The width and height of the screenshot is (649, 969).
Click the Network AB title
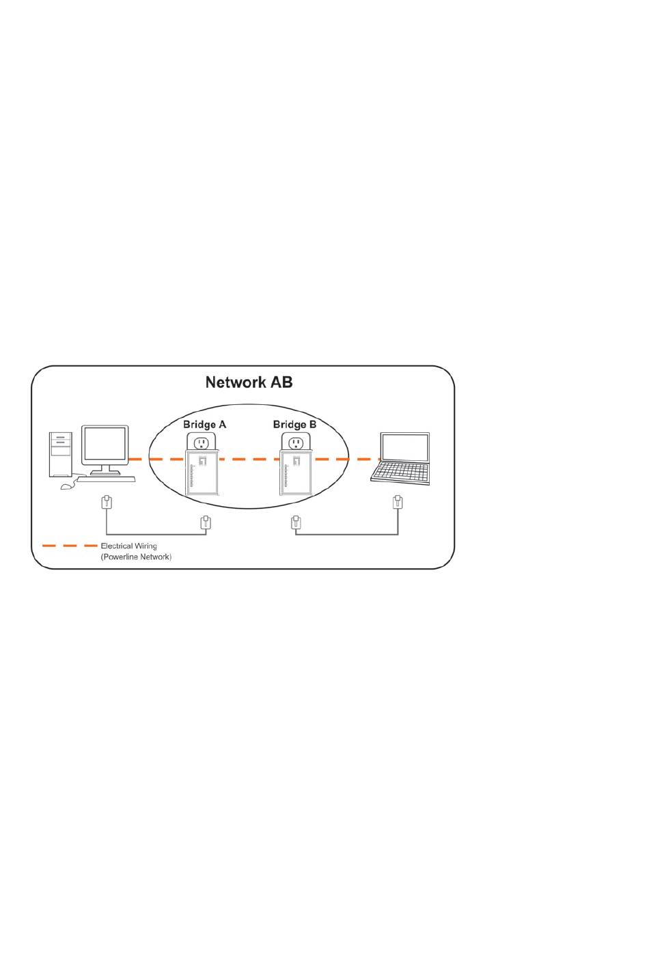coord(249,382)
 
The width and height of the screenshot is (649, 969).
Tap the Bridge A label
coord(204,424)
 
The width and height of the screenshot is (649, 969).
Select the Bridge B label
coord(294,424)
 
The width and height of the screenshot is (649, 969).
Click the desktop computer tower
coord(61,454)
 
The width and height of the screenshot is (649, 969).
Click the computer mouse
coord(66,487)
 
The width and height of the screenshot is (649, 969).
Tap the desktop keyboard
coord(107,479)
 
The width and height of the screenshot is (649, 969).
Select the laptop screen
coord(405,447)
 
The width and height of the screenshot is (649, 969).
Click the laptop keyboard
coord(400,473)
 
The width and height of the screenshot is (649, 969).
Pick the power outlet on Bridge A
coord(201,443)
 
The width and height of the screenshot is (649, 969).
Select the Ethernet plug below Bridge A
coord(206,522)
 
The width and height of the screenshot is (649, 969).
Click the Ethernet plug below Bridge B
coord(296,522)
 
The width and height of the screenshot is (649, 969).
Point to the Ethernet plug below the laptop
coord(398,503)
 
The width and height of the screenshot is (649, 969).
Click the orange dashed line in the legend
coord(70,546)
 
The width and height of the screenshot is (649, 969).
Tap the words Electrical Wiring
coord(128,546)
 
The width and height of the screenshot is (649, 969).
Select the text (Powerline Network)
coord(136,557)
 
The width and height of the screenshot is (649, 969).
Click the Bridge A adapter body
coord(201,473)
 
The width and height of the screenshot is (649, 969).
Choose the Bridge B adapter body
coord(296,473)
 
